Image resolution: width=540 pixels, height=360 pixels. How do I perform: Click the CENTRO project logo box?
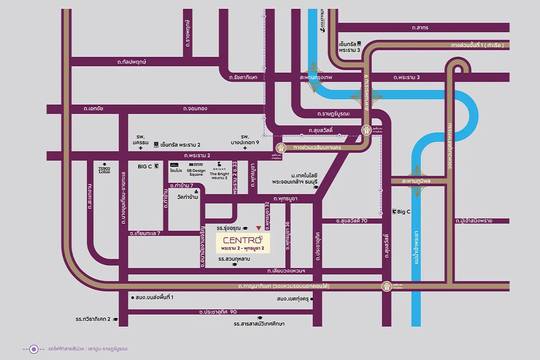[x=243, y=243]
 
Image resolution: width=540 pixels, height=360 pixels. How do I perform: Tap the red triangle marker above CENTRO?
[x=258, y=228]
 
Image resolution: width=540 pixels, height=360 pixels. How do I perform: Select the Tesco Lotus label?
[x=104, y=169]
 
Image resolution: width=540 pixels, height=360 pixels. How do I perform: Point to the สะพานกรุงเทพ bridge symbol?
[x=313, y=77]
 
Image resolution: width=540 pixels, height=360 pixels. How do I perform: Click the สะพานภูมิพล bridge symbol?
[x=416, y=181]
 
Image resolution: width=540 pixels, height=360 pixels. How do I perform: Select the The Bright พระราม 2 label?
[x=219, y=171]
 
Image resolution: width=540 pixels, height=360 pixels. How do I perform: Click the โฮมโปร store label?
[x=175, y=169]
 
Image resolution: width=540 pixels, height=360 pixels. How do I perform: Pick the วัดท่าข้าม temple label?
[x=189, y=197]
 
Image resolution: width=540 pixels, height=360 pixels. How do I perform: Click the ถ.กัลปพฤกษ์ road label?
[x=132, y=62]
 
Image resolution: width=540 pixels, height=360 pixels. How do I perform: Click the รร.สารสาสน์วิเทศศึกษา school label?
[x=259, y=324]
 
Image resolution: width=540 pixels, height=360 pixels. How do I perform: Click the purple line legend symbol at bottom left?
[x=33, y=349]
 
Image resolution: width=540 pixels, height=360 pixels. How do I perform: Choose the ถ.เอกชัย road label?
[x=94, y=108]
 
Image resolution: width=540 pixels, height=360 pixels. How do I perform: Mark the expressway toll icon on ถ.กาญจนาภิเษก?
[x=387, y=285]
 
